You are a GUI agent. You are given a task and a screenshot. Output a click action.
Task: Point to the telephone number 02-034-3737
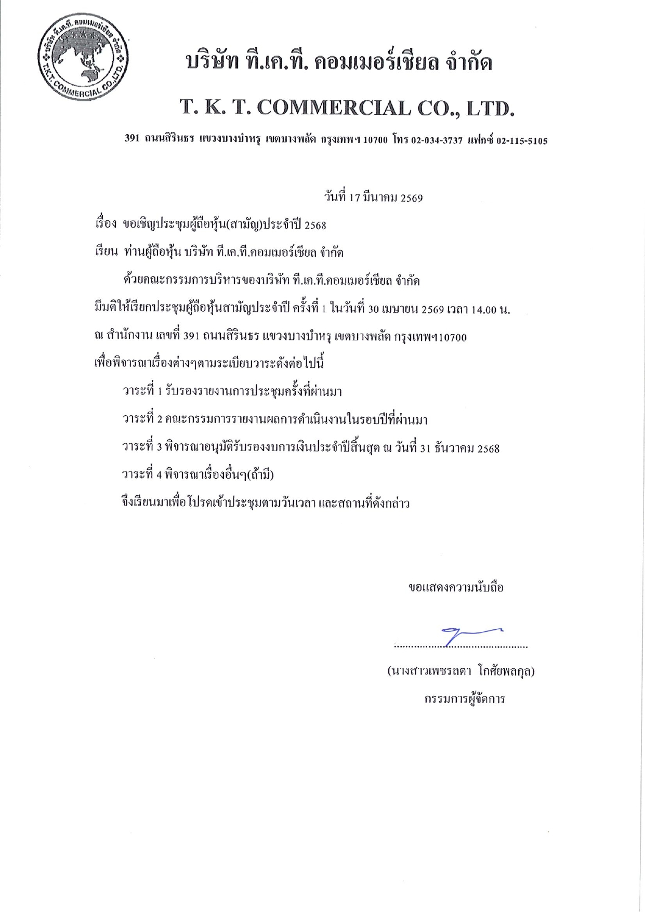pyautogui.click(x=437, y=140)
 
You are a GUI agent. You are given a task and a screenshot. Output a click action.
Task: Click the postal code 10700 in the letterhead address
pyautogui.click(x=375, y=140)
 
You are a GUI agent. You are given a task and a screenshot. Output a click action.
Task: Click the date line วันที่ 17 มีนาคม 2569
pyautogui.click(x=373, y=198)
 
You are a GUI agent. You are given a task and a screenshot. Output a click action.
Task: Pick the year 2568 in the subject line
pyautogui.click(x=315, y=226)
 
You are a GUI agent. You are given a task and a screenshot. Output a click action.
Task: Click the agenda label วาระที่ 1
pyautogui.click(x=141, y=391)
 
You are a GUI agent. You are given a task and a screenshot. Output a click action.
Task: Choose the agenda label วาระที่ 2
pyautogui.click(x=141, y=419)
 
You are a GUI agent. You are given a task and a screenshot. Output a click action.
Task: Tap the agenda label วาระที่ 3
pyautogui.click(x=141, y=447)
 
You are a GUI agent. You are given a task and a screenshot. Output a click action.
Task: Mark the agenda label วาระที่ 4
pyautogui.click(x=141, y=475)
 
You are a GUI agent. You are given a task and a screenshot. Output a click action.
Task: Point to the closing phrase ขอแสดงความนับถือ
pyautogui.click(x=456, y=588)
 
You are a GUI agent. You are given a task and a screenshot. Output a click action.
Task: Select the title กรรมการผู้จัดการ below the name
pyautogui.click(x=464, y=699)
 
